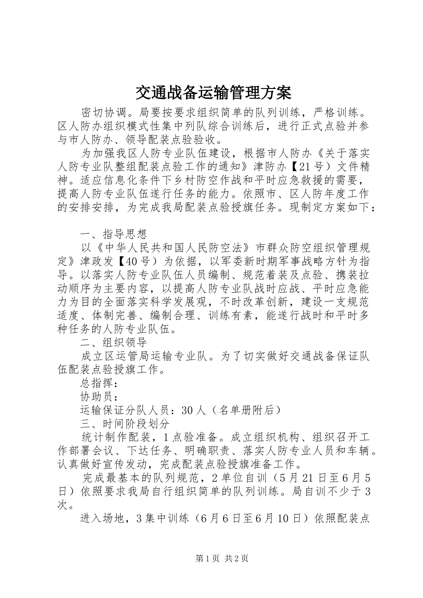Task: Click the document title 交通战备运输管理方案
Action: pyautogui.click(x=212, y=93)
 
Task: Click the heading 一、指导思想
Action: pyautogui.click(x=113, y=234)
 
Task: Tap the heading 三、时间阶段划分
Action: pyautogui.click(x=124, y=423)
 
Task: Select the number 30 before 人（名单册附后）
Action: pyautogui.click(x=187, y=410)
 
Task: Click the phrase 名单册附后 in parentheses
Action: pyautogui.click(x=247, y=410)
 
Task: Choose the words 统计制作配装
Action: pyautogui.click(x=117, y=437)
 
